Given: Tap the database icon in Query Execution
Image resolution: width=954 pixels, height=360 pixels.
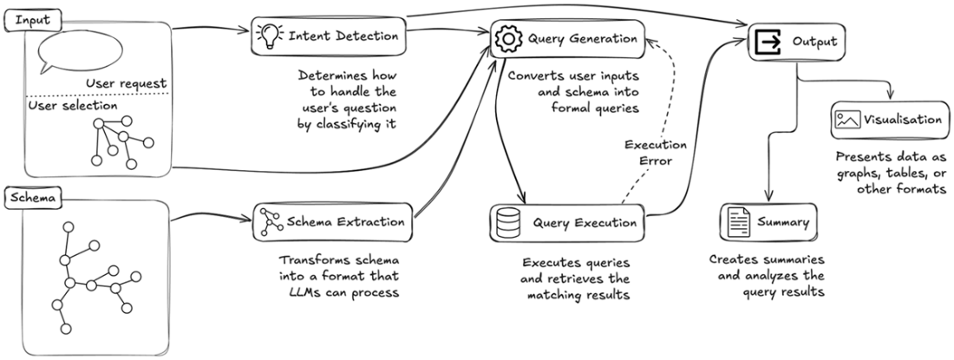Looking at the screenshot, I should (506, 223).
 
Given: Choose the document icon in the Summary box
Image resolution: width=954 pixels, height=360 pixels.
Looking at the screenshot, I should (738, 223).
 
